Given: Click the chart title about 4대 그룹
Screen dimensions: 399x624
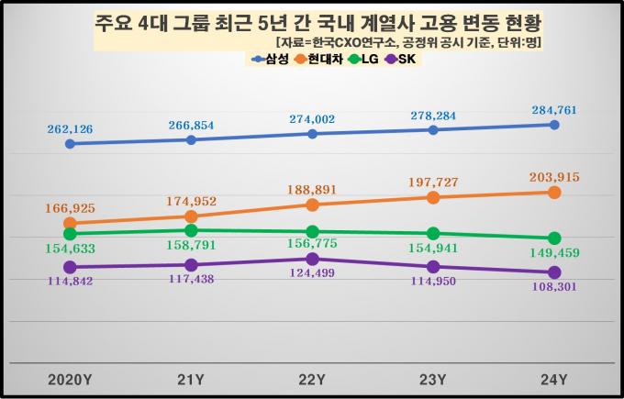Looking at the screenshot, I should click(x=311, y=21).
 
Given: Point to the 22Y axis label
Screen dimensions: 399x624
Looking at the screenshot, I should click(x=312, y=379).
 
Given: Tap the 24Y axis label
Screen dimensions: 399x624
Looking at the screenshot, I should click(x=554, y=379).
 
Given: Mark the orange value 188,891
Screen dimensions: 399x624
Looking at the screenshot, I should click(x=312, y=190).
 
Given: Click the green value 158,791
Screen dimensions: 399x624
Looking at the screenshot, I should click(x=191, y=246).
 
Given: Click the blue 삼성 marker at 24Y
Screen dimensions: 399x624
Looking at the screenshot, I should click(x=554, y=124).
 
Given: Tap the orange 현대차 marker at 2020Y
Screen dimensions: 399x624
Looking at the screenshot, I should click(x=70, y=223).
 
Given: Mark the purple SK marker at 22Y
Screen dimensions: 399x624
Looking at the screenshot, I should click(x=312, y=259).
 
